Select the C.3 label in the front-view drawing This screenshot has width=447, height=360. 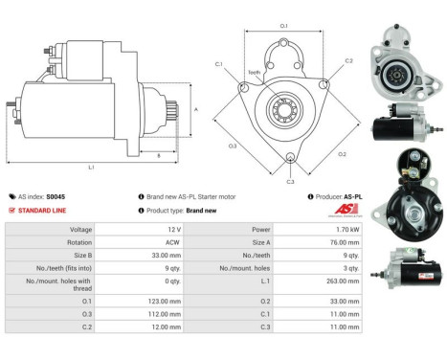pos(290,180)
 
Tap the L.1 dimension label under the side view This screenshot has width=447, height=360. pos(92,167)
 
